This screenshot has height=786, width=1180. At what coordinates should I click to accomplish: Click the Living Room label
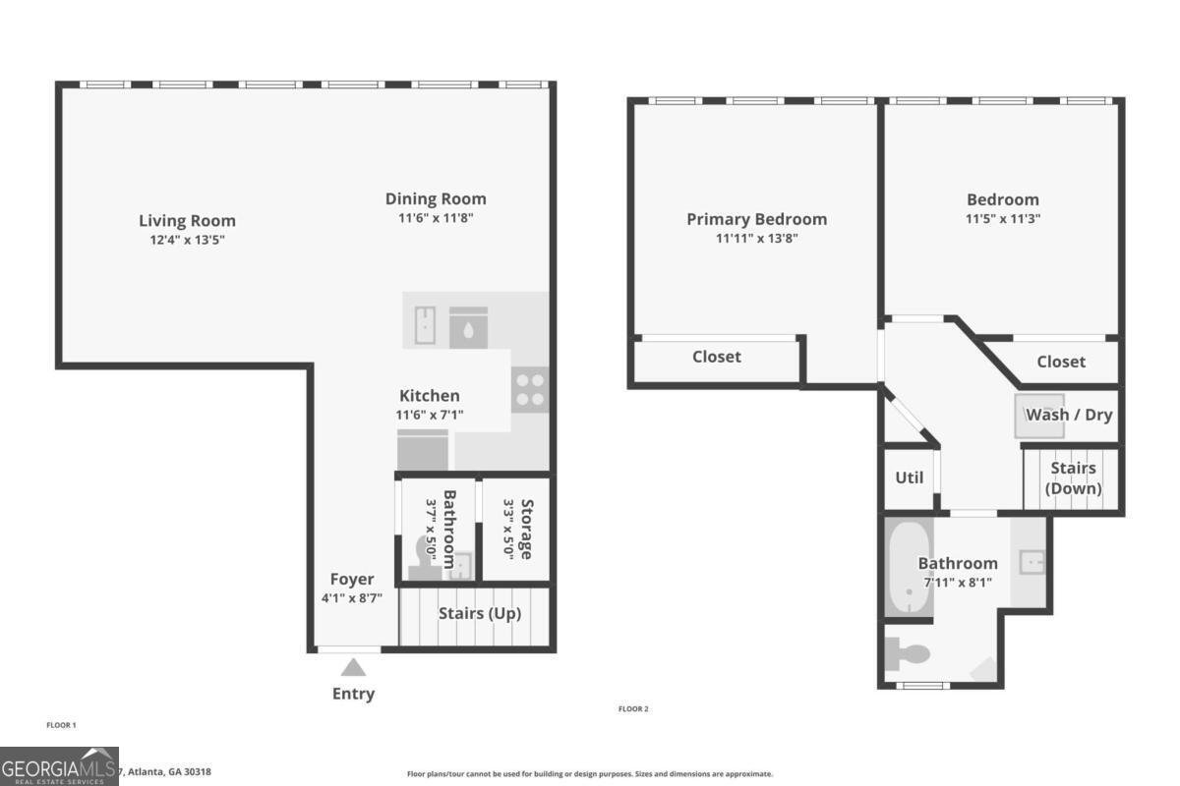click(x=187, y=221)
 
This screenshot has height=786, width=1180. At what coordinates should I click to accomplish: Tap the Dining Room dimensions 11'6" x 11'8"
click(x=436, y=218)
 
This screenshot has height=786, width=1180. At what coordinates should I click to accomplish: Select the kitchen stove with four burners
click(x=530, y=390)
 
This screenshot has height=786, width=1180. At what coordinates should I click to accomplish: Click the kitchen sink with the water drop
click(x=468, y=326)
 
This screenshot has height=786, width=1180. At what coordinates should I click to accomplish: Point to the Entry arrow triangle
click(x=353, y=668)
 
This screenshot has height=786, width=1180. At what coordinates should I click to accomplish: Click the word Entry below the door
click(x=353, y=694)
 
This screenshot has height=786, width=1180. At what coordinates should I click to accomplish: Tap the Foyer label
click(x=351, y=580)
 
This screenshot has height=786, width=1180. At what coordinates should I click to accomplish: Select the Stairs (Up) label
click(x=480, y=614)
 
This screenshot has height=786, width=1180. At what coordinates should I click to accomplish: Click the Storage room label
click(x=526, y=529)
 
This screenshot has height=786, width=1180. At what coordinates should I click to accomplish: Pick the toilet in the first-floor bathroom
click(x=426, y=552)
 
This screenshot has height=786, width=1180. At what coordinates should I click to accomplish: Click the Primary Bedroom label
click(x=756, y=219)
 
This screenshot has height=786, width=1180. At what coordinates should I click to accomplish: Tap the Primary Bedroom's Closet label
click(x=716, y=357)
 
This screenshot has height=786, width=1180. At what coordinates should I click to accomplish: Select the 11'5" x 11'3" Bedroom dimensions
click(x=1002, y=219)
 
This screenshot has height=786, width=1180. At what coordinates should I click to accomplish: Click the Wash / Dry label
click(x=1069, y=415)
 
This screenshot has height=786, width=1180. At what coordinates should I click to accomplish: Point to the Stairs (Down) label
click(x=1073, y=478)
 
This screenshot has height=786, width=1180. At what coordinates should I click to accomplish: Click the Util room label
click(x=909, y=478)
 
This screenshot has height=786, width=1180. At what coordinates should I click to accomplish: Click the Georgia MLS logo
click(x=59, y=766)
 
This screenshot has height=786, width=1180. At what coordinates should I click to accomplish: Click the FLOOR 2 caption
click(x=633, y=708)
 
